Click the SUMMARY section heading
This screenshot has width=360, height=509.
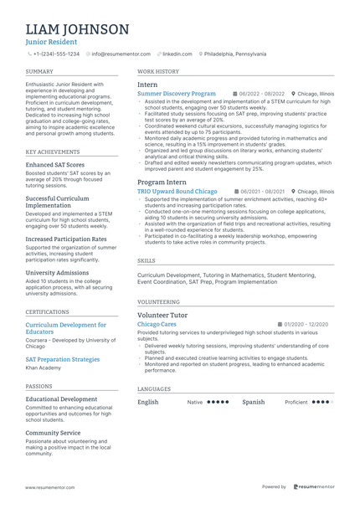[x=39, y=73]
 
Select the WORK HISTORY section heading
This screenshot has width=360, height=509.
[x=158, y=73]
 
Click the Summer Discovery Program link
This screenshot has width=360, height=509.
[x=176, y=94]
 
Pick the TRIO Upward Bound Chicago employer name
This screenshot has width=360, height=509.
[x=177, y=191]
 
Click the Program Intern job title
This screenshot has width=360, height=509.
[x=162, y=181]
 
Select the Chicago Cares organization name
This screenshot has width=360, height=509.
[x=157, y=324]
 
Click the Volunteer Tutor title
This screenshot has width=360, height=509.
[x=162, y=315]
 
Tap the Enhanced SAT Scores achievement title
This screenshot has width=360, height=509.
[x=54, y=165]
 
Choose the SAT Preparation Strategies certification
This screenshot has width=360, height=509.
[x=63, y=359]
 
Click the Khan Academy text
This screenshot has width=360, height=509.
[x=44, y=368]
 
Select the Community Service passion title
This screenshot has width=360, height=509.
[x=53, y=433]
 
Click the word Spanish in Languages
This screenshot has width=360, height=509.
[x=254, y=402]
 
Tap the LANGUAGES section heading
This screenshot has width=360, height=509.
[x=154, y=389]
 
